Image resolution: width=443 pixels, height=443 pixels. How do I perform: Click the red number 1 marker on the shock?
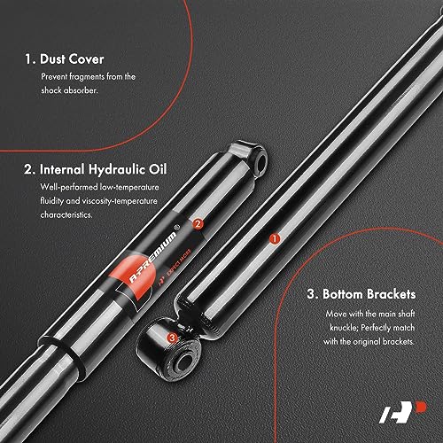[x=275, y=238]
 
